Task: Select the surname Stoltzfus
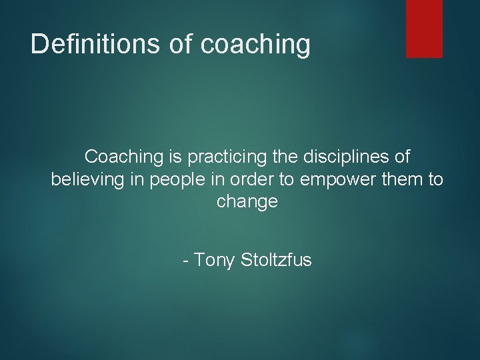pos(275,260)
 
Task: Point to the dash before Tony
pos(186,260)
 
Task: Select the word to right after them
pos(435,180)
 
